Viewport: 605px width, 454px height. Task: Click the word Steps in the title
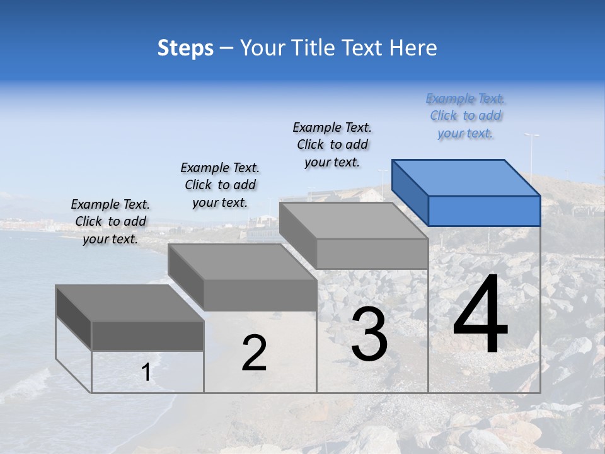pyautogui.click(x=185, y=48)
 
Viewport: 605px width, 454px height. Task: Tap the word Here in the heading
pyautogui.click(x=413, y=48)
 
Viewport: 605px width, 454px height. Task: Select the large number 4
pyautogui.click(x=480, y=316)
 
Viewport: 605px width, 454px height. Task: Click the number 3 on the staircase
pyautogui.click(x=369, y=334)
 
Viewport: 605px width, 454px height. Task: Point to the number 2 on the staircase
pyautogui.click(x=254, y=353)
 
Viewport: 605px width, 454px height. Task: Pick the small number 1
pyautogui.click(x=146, y=373)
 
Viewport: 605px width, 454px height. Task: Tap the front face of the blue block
pyautogui.click(x=484, y=211)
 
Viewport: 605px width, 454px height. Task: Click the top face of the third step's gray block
pyautogui.click(x=353, y=221)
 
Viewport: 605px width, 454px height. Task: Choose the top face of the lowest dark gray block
pyautogui.click(x=130, y=303)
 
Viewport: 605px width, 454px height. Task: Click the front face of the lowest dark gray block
pyautogui.click(x=147, y=335)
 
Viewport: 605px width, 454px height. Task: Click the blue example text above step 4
pyautogui.click(x=466, y=116)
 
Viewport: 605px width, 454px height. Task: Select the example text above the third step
pyautogui.click(x=333, y=145)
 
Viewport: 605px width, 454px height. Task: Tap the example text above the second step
pyautogui.click(x=220, y=185)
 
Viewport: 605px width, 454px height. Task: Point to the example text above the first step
pyautogui.click(x=110, y=222)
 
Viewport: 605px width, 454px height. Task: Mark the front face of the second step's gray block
pyautogui.click(x=260, y=295)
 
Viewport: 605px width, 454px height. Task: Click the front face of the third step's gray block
pyautogui.click(x=372, y=253)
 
